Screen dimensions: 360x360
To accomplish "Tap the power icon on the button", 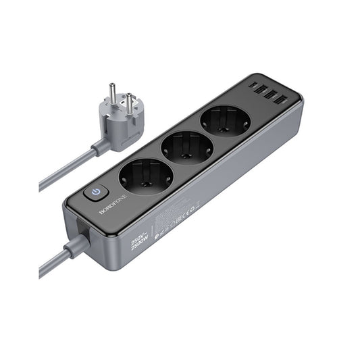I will point(97,192).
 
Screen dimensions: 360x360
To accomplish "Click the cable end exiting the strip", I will point(57,261).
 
